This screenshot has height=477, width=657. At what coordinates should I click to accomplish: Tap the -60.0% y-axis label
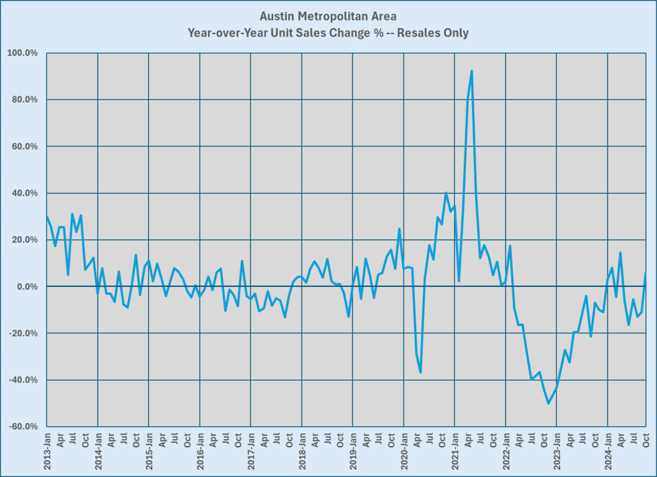[x=24, y=427]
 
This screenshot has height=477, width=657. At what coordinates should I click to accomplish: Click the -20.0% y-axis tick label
[x=24, y=334]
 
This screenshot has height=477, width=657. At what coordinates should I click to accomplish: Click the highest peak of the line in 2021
[x=472, y=71]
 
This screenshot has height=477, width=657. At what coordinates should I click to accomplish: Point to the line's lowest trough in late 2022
[x=548, y=403]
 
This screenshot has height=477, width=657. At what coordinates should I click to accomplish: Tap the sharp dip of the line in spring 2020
[x=421, y=372]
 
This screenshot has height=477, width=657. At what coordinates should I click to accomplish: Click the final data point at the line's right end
[x=645, y=273]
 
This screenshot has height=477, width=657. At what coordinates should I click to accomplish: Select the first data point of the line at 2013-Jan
[x=47, y=216]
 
